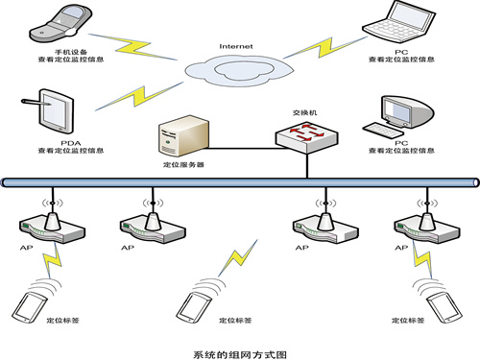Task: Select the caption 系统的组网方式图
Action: point(240,351)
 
